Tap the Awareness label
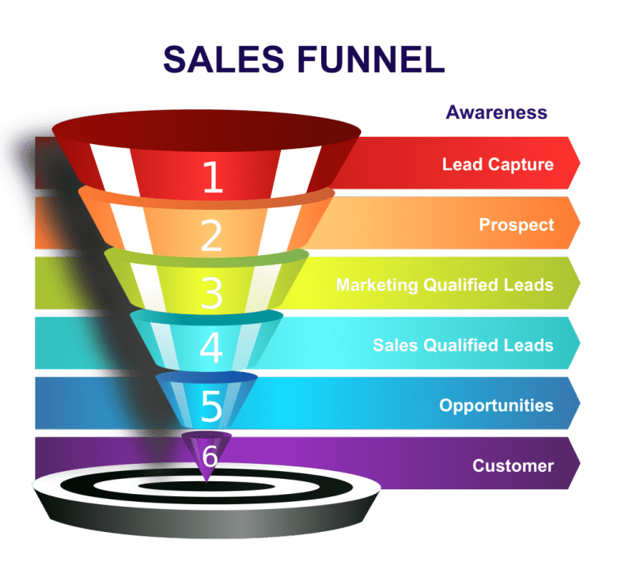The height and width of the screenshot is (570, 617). (x=496, y=112)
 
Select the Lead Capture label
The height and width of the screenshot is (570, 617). (x=498, y=165)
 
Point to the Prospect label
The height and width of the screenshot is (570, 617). (x=517, y=225)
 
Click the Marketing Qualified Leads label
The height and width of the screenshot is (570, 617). (x=445, y=285)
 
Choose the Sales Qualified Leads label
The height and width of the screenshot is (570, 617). (x=463, y=345)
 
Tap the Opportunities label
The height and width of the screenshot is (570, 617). (x=496, y=405)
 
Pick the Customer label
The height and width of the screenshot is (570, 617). (x=513, y=465)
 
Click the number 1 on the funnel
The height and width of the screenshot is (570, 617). (x=212, y=177)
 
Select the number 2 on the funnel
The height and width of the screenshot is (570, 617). (x=211, y=235)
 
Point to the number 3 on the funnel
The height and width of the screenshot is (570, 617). (x=211, y=293)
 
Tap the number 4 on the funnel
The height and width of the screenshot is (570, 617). (x=211, y=349)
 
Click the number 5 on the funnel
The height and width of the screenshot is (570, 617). (x=211, y=406)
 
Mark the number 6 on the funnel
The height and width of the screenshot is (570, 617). (x=210, y=457)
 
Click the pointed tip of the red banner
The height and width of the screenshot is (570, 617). (x=579, y=163)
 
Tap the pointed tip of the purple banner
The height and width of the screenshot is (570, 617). (x=579, y=464)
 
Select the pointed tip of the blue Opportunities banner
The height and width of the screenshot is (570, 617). (x=579, y=404)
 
